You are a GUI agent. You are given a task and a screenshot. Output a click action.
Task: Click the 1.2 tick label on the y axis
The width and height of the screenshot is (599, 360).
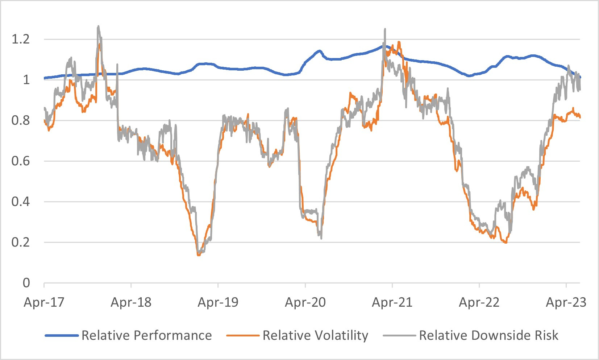20,39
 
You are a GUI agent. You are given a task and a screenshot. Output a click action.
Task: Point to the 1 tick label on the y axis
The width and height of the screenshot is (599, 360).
26,79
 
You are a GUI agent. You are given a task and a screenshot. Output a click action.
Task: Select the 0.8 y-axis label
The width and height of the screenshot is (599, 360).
20,120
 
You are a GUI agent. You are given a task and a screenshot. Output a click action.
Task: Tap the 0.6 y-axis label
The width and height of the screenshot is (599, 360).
20,161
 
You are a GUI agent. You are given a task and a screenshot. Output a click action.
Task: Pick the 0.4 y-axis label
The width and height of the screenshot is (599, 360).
20,201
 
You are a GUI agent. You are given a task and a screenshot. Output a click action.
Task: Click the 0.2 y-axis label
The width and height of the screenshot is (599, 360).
20,242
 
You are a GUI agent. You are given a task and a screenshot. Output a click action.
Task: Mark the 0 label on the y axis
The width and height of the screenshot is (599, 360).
26,282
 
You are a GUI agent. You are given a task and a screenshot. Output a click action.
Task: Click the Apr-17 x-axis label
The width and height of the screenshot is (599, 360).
44,302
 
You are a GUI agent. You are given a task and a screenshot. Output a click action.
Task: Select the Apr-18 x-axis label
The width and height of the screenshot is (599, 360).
131,302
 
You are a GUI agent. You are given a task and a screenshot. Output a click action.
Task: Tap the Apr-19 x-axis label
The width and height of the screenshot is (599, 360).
218,302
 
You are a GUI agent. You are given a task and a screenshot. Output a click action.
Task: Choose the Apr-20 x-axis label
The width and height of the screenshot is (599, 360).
305,302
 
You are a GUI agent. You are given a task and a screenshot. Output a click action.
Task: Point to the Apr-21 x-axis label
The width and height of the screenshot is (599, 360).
392,302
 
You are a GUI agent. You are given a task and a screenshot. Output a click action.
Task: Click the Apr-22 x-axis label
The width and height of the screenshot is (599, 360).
479,302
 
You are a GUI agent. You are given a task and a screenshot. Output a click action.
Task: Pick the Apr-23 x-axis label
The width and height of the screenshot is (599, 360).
566,302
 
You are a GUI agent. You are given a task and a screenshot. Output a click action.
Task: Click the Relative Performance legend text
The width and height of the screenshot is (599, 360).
146,335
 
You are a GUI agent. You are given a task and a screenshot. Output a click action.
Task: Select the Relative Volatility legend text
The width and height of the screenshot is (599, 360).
315,335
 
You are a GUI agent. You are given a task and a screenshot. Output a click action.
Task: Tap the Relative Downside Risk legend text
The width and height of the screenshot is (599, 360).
488,335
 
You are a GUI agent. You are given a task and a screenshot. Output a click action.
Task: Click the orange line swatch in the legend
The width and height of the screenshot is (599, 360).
242,336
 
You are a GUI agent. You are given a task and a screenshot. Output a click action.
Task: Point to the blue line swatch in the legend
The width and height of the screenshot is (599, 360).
62,336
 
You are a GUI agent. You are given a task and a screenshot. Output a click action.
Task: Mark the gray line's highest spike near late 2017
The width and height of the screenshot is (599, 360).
98,26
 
